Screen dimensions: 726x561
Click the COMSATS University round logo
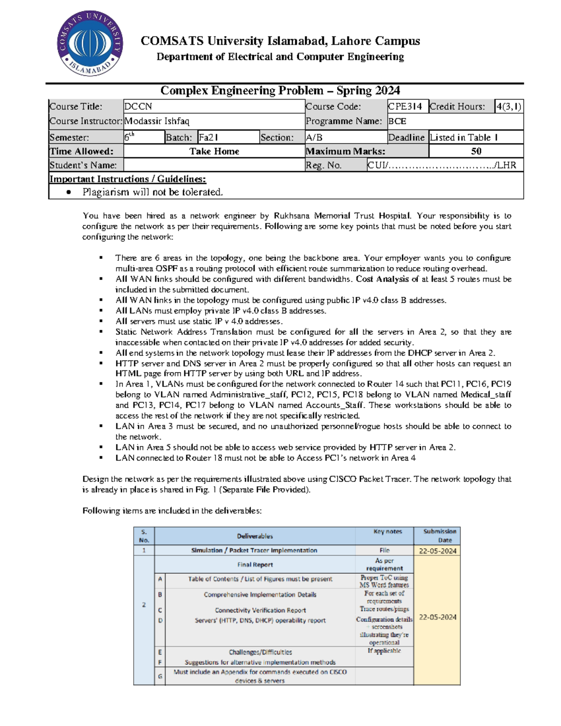point(90,43)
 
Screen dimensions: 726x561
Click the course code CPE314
point(405,107)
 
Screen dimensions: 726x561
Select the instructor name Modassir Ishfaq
point(157,121)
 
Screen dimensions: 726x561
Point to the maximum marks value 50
point(476,151)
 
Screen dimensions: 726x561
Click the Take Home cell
point(214,151)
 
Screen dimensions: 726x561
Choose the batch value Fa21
point(209,137)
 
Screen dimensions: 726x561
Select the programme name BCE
point(397,121)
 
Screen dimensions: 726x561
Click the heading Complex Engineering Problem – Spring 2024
point(280,91)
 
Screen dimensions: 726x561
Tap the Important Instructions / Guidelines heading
point(128,179)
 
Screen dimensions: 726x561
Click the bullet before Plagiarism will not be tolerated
point(69,192)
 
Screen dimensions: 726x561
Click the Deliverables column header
point(255,536)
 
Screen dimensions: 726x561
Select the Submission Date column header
point(439,536)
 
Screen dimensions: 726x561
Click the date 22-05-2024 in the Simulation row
point(437,551)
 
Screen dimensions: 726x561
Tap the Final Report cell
point(255,565)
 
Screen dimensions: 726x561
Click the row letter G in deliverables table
point(160,676)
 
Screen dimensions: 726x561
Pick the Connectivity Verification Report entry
point(260,610)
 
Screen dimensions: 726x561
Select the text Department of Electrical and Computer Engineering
point(280,57)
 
